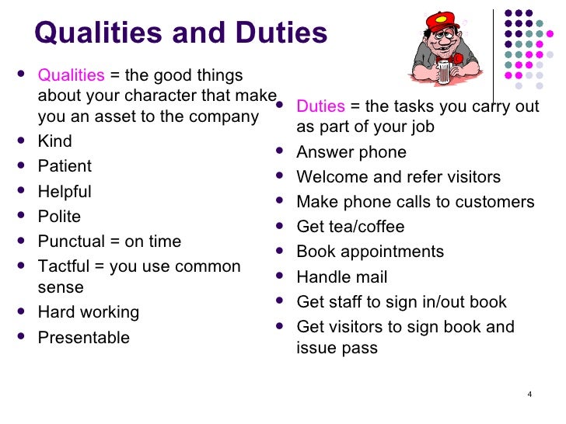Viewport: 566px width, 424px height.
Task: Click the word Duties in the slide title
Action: (275, 33)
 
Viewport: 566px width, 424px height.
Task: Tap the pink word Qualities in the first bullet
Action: (71, 75)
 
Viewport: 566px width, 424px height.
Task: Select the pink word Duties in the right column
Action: (320, 106)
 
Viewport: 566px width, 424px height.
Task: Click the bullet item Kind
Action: (54, 141)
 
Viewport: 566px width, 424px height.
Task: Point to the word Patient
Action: (65, 166)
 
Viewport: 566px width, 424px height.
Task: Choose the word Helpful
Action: (65, 192)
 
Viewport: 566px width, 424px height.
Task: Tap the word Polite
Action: (59, 217)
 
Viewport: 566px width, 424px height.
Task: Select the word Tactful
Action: (65, 266)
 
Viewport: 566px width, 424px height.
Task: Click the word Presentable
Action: (83, 338)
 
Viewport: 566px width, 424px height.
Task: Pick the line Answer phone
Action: (351, 152)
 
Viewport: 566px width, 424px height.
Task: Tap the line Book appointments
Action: (370, 252)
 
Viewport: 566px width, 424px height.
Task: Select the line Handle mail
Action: (341, 277)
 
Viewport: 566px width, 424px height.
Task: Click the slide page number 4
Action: (529, 395)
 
